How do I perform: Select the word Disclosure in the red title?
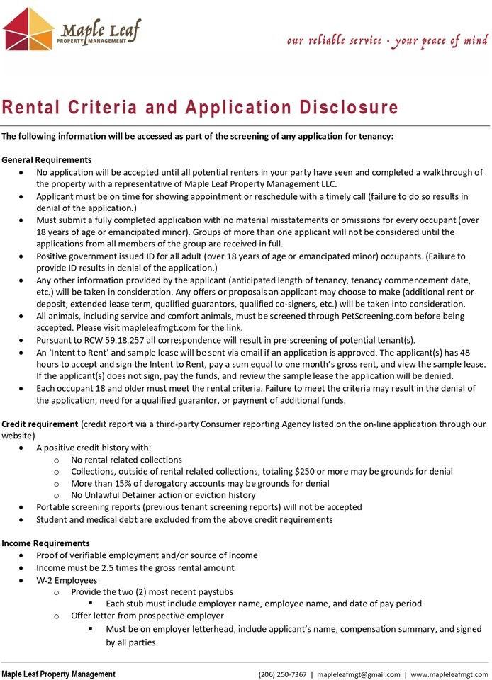337,108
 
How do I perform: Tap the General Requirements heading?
47,159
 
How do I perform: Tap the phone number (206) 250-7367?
282,674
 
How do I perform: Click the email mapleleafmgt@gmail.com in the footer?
359,674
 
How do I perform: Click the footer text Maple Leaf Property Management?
58,674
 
